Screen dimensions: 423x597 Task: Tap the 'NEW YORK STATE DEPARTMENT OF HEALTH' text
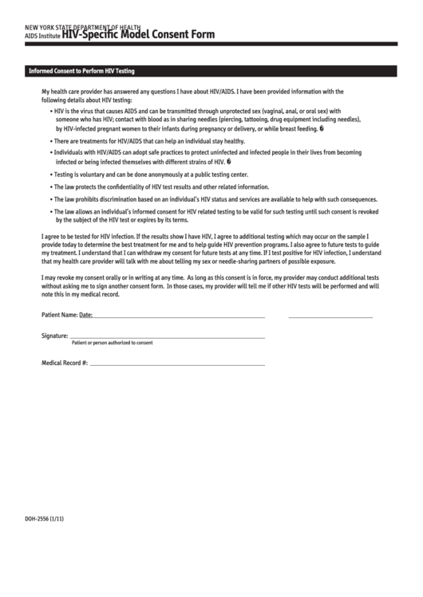[x=83, y=27]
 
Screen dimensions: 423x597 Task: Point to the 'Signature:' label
[x=55, y=336]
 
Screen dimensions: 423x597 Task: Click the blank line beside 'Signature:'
[x=168, y=338]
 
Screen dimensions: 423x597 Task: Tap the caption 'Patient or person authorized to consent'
[x=112, y=343]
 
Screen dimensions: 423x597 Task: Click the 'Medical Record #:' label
[x=65, y=363]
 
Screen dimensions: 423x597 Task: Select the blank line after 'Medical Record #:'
[x=176, y=364]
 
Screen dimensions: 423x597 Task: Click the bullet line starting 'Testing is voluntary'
[x=152, y=174]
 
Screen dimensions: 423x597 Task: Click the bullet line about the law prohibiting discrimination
[x=215, y=198]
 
